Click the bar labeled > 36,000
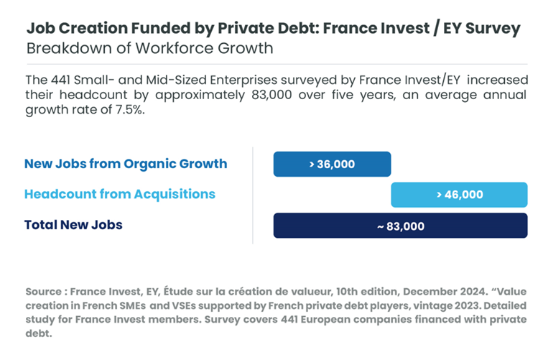(332, 164)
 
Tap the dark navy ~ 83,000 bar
(401, 226)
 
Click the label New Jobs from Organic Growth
(126, 164)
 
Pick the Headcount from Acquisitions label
(120, 194)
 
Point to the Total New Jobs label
(73, 225)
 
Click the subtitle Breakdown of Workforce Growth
(149, 49)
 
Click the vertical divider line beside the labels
(253, 195)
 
